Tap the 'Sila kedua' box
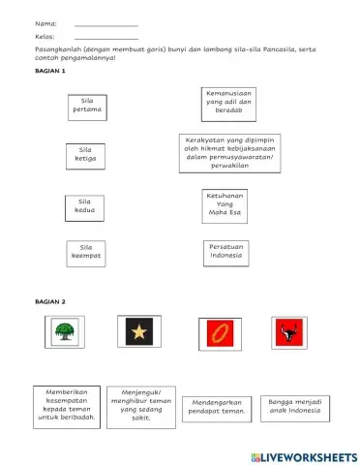(x=84, y=206)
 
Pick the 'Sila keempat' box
(x=85, y=252)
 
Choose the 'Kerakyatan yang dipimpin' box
(x=229, y=151)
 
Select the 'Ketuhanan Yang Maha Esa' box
(x=225, y=205)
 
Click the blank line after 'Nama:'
(x=105, y=24)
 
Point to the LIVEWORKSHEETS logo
(x=301, y=455)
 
